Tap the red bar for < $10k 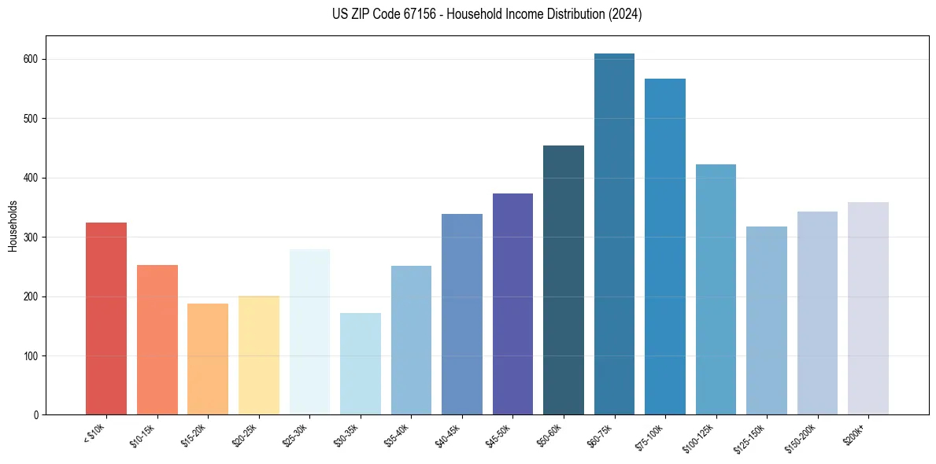pos(106,319)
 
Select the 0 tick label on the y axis pos(36,415)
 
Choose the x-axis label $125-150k pos(751,437)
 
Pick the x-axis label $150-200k pos(802,437)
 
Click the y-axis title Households pos(13,226)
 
